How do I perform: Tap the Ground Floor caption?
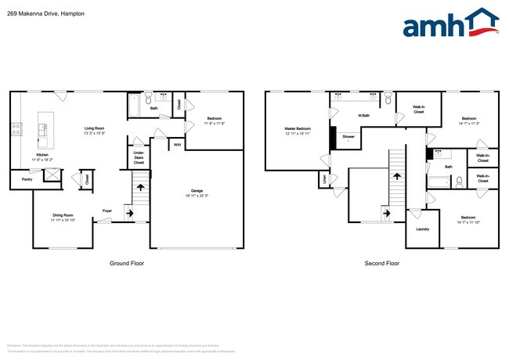point(126,264)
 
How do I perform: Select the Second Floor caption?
point(382,264)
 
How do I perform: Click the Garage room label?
point(197,190)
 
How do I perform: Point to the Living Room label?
point(95,128)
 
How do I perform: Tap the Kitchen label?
point(42,155)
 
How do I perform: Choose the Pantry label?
point(27,180)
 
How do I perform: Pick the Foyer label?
point(106,210)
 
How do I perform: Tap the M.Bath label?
point(363,117)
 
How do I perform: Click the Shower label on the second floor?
point(348,137)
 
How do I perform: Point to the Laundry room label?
point(422,229)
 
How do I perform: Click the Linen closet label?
point(324,180)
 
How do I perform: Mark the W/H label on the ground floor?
point(178,145)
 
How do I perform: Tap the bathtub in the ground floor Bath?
point(133,106)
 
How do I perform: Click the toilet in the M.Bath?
point(388,99)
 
